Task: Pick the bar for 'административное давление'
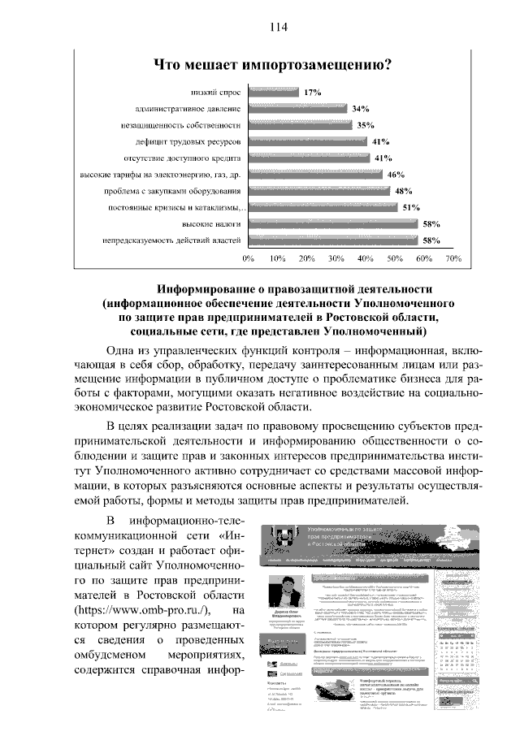[x=297, y=109]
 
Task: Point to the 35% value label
[x=365, y=125]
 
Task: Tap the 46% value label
[x=396, y=174]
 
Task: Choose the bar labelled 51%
[x=323, y=207]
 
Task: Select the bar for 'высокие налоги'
[x=332, y=223]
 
